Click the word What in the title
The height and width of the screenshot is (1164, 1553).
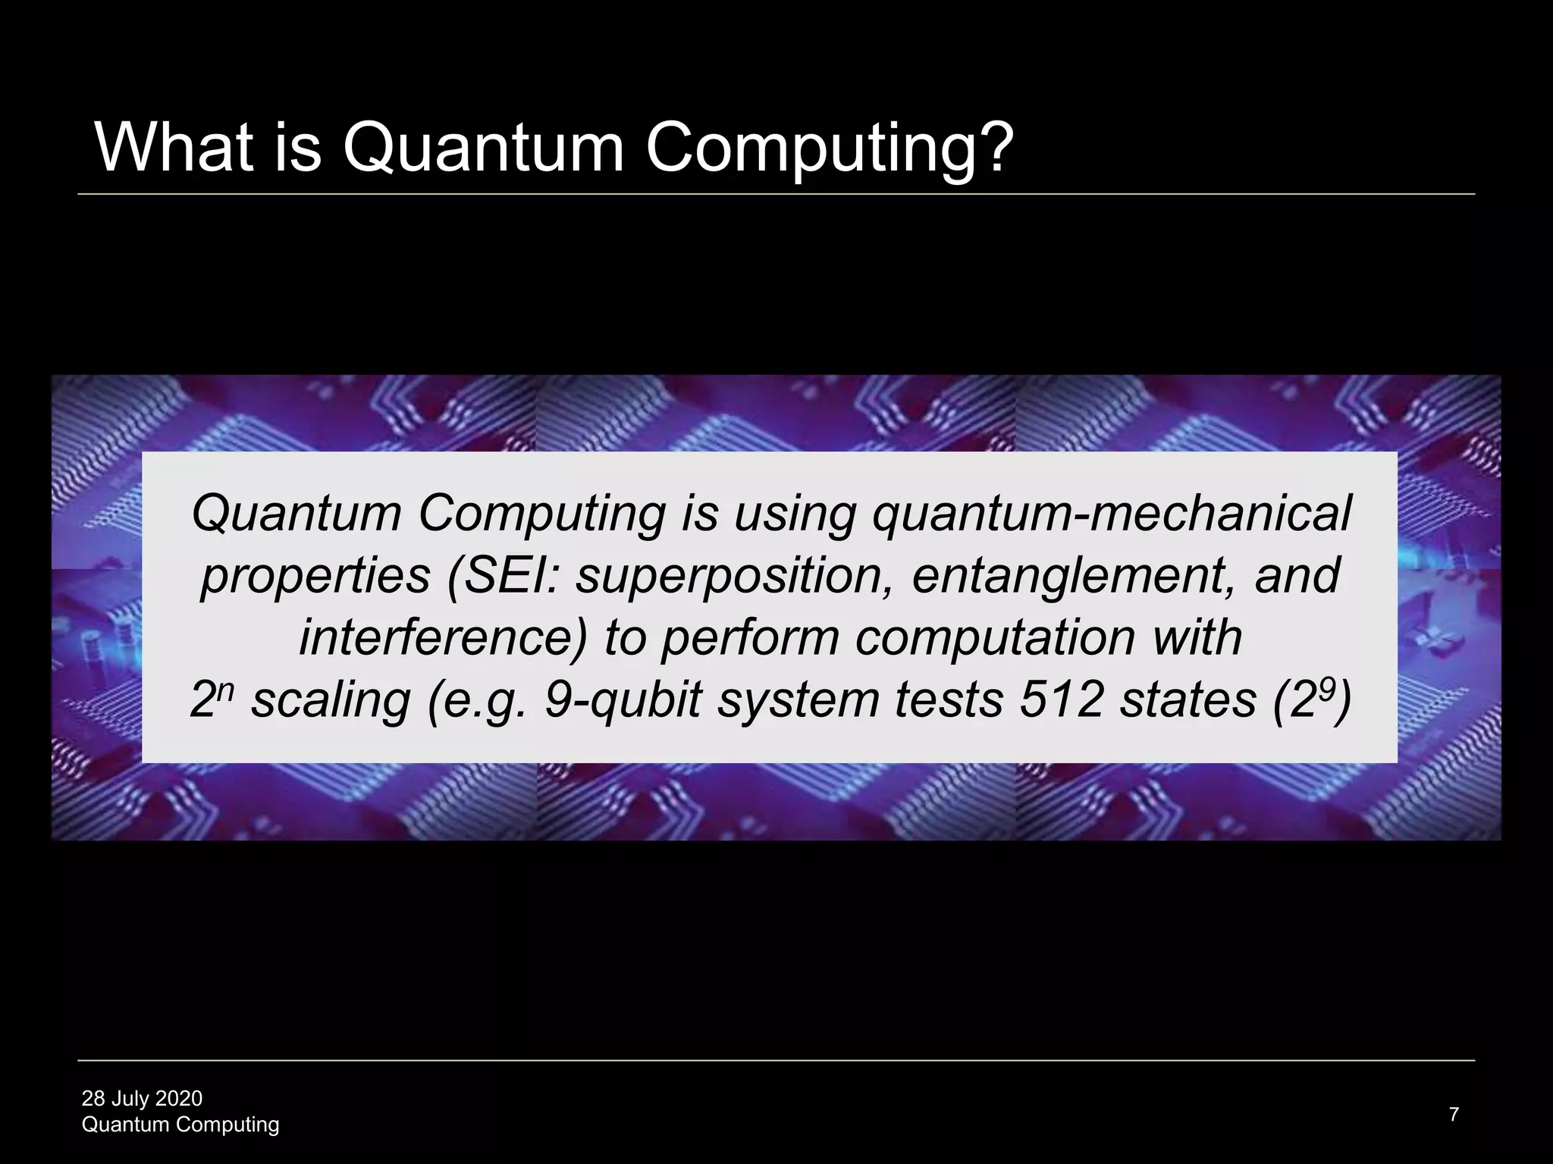point(174,148)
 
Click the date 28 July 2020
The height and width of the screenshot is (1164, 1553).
point(142,1098)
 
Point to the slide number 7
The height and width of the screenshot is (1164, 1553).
point(1454,1114)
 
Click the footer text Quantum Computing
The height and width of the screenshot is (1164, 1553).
point(180,1125)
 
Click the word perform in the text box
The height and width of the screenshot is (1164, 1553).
point(749,639)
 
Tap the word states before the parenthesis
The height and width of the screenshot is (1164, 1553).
point(1188,699)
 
